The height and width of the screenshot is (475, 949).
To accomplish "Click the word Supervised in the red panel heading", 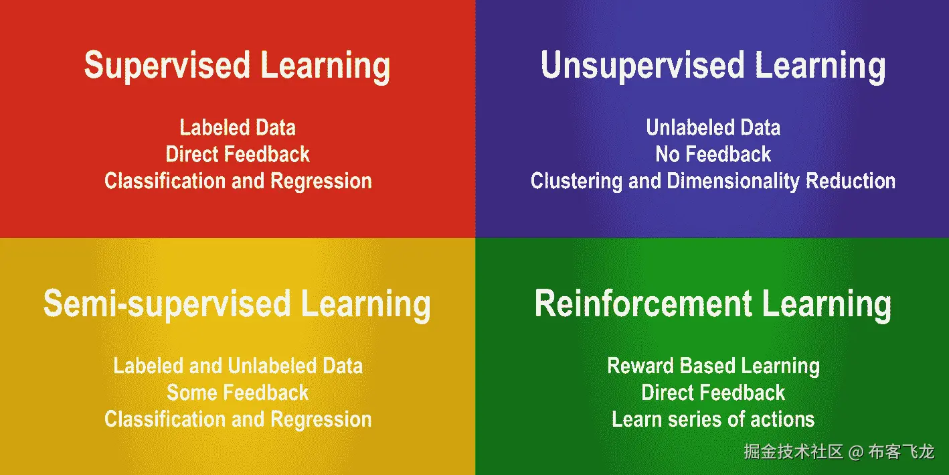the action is pos(167,66).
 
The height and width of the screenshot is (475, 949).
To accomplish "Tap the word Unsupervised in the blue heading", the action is pos(642,66).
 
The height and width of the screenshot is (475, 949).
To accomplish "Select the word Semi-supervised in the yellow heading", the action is pos(167,303).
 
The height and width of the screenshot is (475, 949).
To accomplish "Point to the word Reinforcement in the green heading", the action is pos(644,303).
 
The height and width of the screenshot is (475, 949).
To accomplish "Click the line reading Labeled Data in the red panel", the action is pos(238,128).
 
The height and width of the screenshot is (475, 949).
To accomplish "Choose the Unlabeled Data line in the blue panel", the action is pos(713,128).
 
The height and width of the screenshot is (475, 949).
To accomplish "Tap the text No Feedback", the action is pos(713,154).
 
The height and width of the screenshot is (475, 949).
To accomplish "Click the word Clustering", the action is pos(576,182).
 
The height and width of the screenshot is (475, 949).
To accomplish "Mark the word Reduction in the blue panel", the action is pos(851,181).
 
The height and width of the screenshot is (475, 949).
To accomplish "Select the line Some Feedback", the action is pos(238,393).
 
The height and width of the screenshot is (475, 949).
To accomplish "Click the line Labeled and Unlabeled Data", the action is pos(238,366).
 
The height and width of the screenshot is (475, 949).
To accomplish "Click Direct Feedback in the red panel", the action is pos(238,154).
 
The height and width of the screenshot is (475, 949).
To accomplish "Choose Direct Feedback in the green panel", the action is pos(713,393).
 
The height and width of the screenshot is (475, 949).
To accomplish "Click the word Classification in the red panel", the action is pos(165,181).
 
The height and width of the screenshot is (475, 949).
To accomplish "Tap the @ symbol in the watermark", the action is pos(856,452).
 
